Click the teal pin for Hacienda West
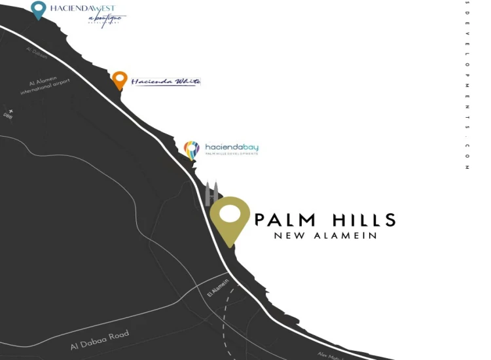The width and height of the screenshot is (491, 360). (x=39, y=9)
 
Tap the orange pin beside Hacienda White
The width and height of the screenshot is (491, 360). (x=119, y=80)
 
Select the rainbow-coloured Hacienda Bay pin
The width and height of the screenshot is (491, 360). (x=191, y=150)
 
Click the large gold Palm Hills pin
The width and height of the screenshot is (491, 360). (x=230, y=220)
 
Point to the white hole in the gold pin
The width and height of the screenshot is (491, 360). (x=230, y=215)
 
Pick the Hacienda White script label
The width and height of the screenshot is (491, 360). (x=166, y=82)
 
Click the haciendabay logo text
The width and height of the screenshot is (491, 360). (x=232, y=147)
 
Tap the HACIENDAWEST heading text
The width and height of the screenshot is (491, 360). (x=82, y=9)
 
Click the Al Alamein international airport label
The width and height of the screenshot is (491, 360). (x=44, y=86)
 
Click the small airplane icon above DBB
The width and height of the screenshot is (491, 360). (x=9, y=109)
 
